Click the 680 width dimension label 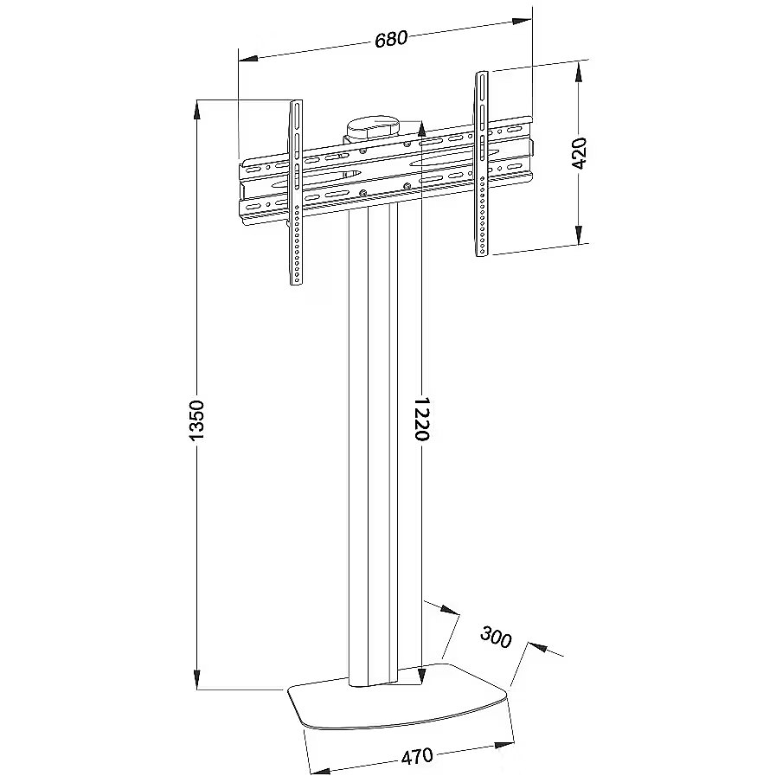(x=391, y=39)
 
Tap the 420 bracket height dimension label (x=579, y=153)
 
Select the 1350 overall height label (x=196, y=420)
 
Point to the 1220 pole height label (x=421, y=418)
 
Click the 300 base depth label (x=496, y=637)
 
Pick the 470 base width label (x=417, y=757)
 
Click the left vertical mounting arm (x=296, y=193)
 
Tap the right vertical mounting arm (x=482, y=164)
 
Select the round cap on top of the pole (x=373, y=129)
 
